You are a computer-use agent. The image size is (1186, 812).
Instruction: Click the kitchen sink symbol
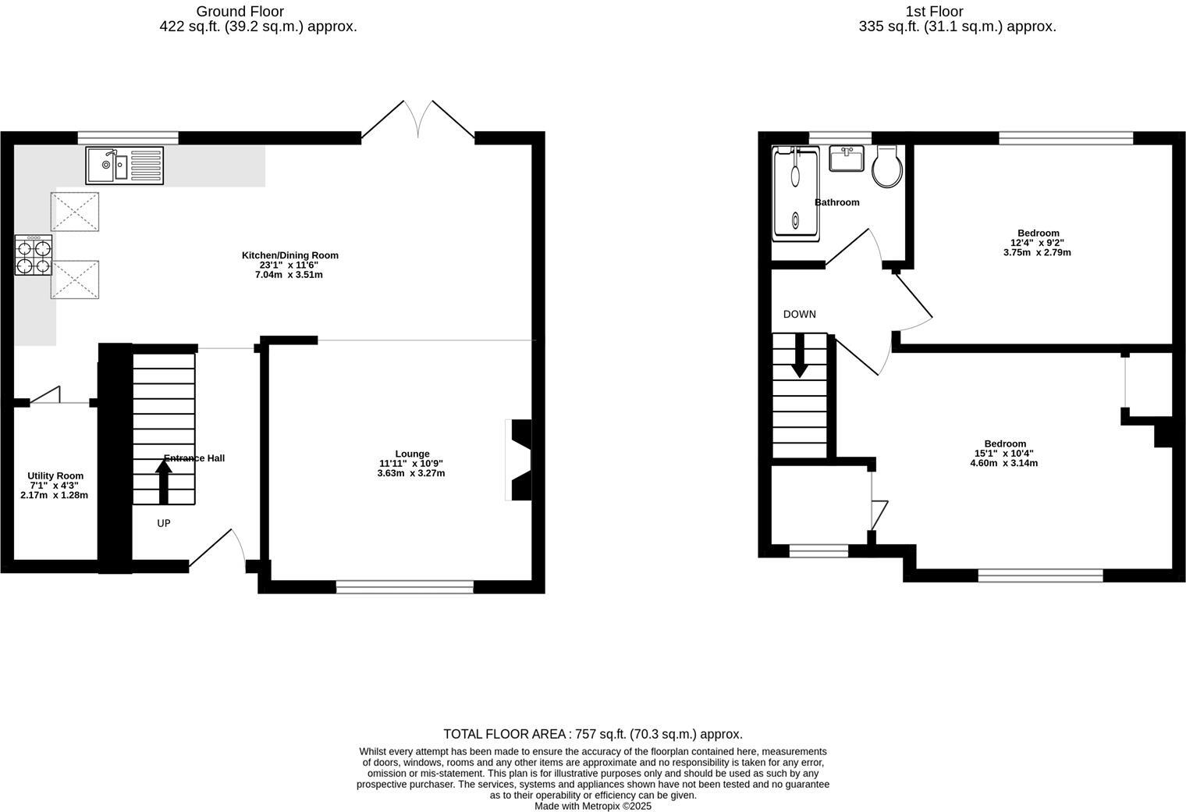[125, 166]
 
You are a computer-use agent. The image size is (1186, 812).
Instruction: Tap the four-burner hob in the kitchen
[34, 255]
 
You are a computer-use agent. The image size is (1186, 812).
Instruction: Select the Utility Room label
[55, 475]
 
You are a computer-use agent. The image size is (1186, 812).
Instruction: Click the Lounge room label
[412, 454]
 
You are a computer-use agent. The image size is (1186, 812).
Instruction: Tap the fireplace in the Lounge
[520, 459]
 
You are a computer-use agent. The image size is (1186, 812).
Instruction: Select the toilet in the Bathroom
[888, 166]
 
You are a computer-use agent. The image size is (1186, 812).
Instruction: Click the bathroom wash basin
[847, 158]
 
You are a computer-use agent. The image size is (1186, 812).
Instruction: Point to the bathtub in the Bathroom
[795, 192]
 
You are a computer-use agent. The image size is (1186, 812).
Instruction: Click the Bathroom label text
[836, 202]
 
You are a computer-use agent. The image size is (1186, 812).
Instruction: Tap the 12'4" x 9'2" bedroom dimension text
[1038, 243]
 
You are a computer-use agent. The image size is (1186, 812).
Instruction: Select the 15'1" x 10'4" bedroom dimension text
[1005, 454]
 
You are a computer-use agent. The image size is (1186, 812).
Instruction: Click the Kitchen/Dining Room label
[290, 255]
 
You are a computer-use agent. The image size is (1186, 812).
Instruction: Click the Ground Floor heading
[240, 11]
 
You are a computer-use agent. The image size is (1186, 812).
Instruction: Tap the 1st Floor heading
[934, 11]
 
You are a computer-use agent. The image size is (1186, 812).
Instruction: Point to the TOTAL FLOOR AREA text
[592, 734]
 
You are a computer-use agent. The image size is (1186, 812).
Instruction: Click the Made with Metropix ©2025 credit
[592, 806]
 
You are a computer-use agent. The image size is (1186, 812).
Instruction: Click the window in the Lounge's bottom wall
[405, 586]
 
